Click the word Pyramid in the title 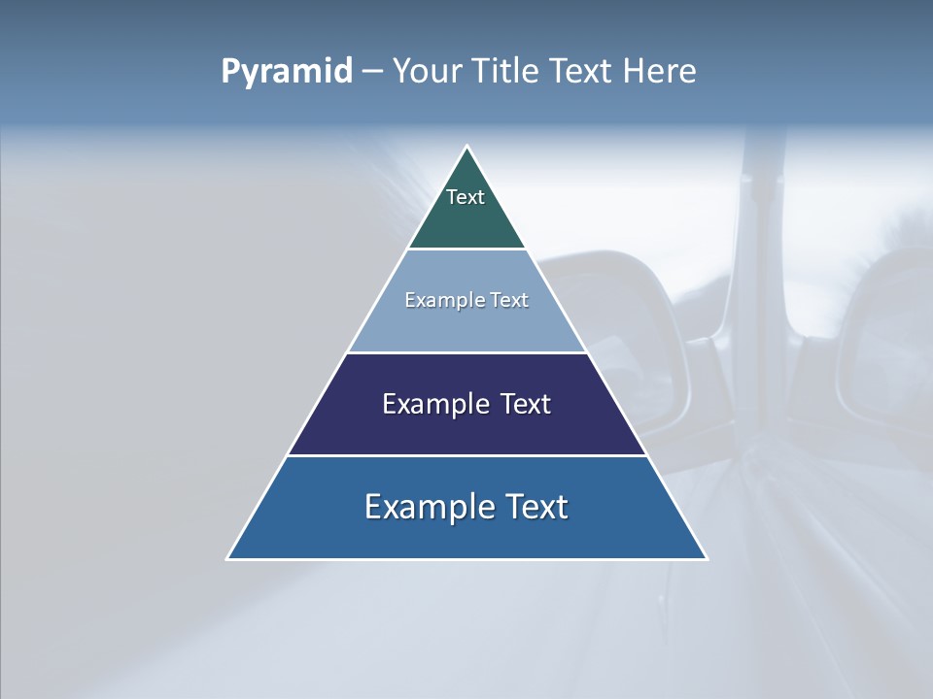(286, 72)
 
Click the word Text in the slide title (583, 72)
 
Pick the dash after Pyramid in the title (372, 72)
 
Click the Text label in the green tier (466, 197)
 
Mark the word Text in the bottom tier (536, 507)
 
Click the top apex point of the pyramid (466, 147)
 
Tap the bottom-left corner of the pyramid (227, 559)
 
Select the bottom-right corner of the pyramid (707, 559)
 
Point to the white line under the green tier (466, 249)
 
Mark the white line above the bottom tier (466, 455)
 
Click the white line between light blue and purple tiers (466, 352)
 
